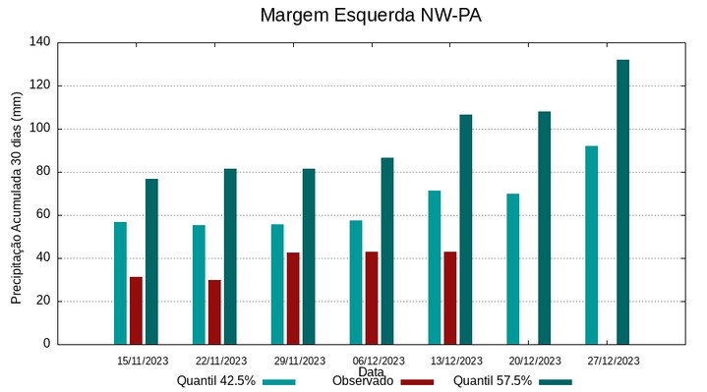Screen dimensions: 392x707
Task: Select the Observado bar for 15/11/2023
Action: [136, 310]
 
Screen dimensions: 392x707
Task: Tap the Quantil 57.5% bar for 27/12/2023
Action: [622, 202]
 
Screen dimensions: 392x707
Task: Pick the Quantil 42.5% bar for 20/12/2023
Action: [512, 269]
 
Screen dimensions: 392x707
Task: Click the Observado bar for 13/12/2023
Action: [449, 298]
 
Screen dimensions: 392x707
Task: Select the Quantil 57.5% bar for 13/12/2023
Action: [465, 229]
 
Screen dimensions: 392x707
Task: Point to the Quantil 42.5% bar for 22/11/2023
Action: [199, 285]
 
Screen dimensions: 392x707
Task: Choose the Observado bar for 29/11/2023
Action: [293, 299]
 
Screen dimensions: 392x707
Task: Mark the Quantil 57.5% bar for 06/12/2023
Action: [386, 251]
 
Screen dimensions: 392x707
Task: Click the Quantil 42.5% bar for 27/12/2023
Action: [591, 246]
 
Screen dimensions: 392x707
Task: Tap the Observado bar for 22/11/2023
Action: [214, 312]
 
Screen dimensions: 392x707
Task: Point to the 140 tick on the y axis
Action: [39, 42]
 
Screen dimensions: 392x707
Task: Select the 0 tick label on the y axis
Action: [46, 345]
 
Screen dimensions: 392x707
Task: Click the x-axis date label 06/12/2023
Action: [378, 361]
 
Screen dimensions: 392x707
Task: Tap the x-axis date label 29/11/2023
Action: [299, 361]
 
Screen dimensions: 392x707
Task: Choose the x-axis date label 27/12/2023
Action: [613, 361]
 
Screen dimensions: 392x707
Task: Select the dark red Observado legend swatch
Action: [418, 381]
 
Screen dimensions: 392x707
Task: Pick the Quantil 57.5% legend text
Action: [492, 381]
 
